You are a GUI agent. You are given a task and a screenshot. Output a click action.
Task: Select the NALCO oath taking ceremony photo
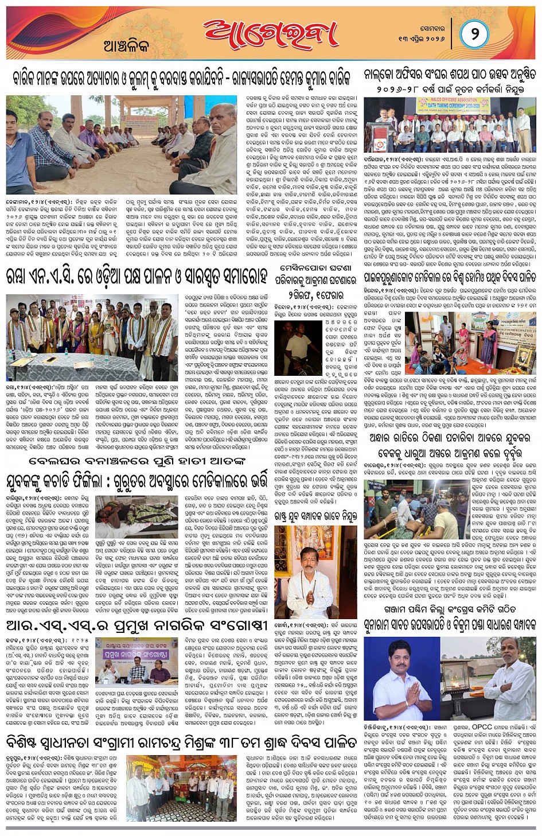(450, 125)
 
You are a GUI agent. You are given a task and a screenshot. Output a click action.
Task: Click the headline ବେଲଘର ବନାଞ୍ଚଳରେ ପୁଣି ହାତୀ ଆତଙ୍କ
(137, 461)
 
